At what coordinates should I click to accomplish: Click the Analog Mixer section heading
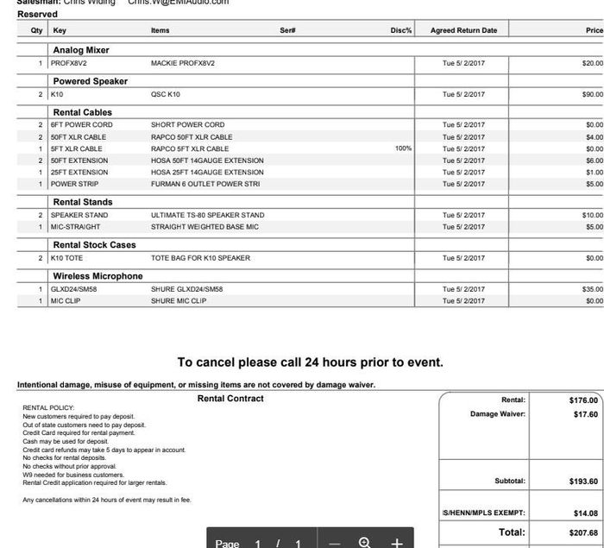[81, 50]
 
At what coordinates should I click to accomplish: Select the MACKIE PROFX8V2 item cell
[182, 63]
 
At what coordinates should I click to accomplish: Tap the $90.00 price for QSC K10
[592, 94]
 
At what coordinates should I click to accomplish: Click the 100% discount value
[403, 148]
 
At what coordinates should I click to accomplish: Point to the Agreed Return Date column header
[463, 30]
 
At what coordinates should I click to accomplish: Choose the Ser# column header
[288, 30]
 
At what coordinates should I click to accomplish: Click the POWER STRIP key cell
[74, 184]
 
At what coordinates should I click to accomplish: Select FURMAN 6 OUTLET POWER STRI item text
[204, 184]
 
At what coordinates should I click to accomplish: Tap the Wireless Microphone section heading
[98, 276]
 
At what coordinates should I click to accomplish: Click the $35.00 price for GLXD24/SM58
[592, 289]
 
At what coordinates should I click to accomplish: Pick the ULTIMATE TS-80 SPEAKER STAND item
[207, 215]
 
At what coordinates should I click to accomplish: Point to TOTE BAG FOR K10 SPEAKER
[200, 258]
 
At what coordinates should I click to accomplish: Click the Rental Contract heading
[230, 399]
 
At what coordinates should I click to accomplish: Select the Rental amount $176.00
[583, 400]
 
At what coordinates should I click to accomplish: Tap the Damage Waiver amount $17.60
[585, 414]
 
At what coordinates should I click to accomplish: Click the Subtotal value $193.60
[583, 481]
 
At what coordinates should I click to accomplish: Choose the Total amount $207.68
[583, 532]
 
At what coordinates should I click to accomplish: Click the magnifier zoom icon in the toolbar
[364, 543]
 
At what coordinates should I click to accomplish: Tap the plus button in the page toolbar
[397, 543]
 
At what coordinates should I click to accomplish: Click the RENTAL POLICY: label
[48, 408]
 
